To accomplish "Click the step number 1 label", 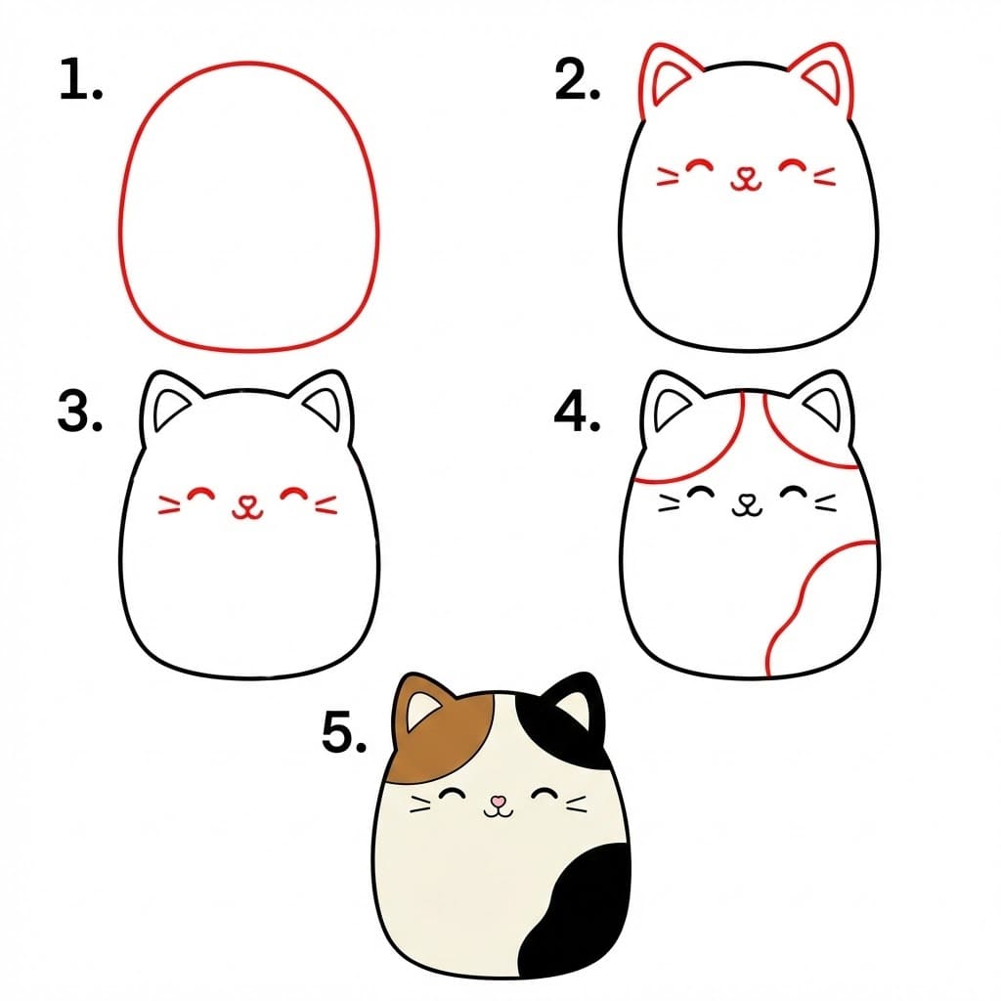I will coord(81,81).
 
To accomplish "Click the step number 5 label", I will coord(343,732).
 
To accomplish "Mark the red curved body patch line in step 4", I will coord(802,606).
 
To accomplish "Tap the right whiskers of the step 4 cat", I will coord(824,502).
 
